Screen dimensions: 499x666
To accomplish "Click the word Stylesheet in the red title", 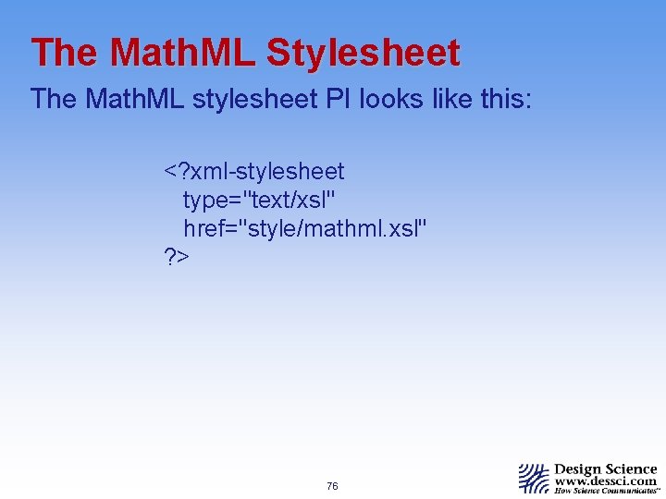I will pos(363,53).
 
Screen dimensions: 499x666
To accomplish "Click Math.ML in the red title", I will pos(182,53).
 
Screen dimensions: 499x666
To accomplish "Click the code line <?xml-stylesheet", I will pos(254,172).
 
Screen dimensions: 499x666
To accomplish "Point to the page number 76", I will pos(333,486).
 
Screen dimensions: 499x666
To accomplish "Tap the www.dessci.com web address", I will pos(605,481).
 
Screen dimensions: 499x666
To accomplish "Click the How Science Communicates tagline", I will pos(605,492).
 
